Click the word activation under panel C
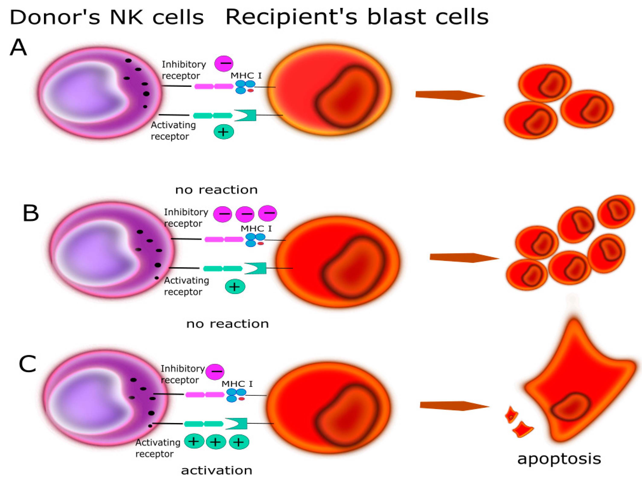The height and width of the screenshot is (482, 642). pos(216,470)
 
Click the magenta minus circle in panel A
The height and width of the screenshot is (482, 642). pos(224,64)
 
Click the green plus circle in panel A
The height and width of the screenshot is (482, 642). pos(224,132)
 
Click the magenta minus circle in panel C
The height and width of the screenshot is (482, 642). pos(215,372)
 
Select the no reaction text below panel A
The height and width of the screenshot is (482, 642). pos(216,190)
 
